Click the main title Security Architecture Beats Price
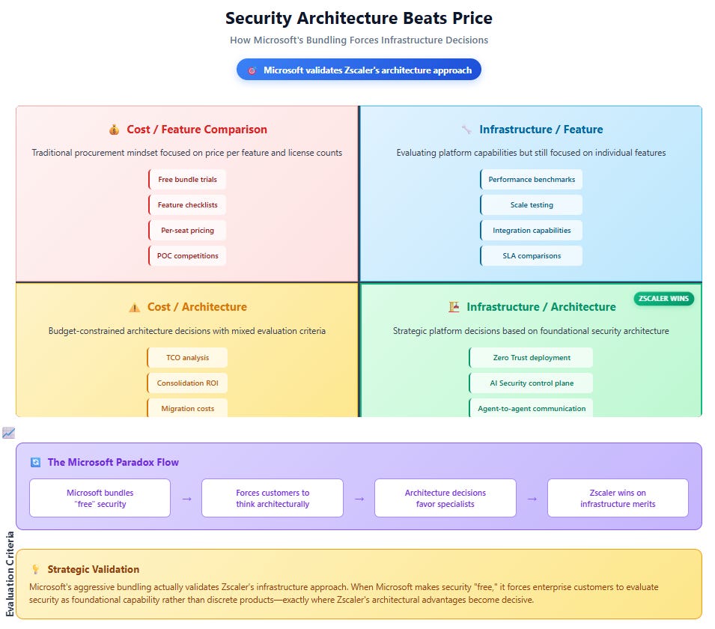click(359, 18)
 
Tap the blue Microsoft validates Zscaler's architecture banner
click(359, 70)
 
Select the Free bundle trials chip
click(187, 179)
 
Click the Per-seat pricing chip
click(187, 231)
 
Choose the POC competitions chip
click(187, 256)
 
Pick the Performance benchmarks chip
click(532, 179)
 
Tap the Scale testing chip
click(532, 205)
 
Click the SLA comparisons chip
click(532, 256)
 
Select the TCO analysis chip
click(187, 358)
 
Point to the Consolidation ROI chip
click(187, 383)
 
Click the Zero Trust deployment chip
click(532, 358)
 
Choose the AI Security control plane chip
click(532, 383)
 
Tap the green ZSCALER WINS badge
click(663, 299)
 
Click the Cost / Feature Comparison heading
click(197, 130)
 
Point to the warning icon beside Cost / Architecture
click(135, 308)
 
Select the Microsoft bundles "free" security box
click(100, 498)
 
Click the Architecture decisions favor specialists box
click(445, 498)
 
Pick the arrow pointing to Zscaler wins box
click(532, 499)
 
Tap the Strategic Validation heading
click(94, 569)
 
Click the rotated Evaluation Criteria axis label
click(10, 574)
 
